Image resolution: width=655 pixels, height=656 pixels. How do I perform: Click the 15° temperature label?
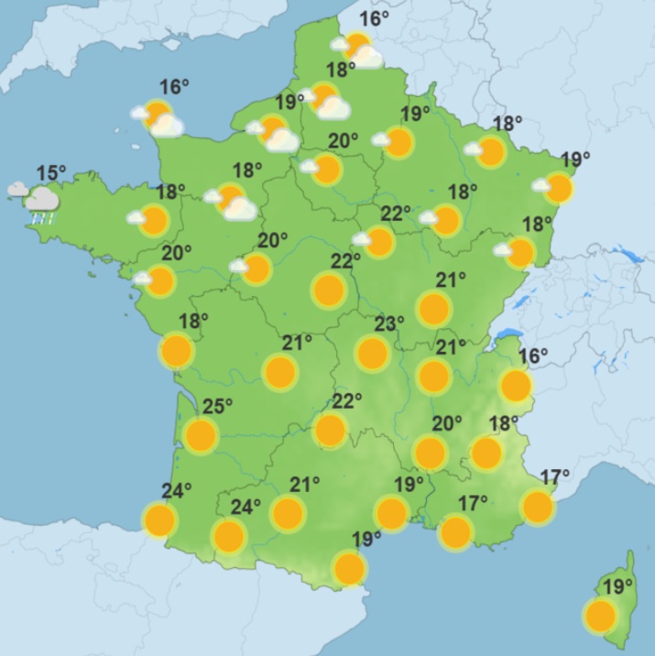click(51, 172)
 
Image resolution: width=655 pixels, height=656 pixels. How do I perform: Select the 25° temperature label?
click(217, 405)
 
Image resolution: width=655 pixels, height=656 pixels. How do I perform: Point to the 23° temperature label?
click(389, 323)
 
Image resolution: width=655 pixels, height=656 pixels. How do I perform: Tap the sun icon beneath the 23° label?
click(372, 353)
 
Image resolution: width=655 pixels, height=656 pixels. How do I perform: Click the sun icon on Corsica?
click(600, 617)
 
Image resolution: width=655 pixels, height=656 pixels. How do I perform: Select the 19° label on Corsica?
click(618, 586)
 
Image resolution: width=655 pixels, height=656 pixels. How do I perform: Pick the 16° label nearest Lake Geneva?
click(532, 355)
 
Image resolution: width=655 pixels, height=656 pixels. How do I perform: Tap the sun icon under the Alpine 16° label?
click(516, 386)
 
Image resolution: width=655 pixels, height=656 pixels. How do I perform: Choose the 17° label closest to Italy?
click(555, 476)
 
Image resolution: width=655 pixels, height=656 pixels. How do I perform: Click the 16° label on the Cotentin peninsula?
click(174, 87)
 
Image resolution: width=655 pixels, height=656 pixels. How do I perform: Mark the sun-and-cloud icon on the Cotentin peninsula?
click(159, 117)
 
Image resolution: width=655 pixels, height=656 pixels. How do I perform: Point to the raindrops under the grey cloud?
click(40, 218)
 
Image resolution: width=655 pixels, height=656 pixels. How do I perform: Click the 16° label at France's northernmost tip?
click(374, 18)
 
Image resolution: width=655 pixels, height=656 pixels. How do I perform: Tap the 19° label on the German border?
click(575, 159)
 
